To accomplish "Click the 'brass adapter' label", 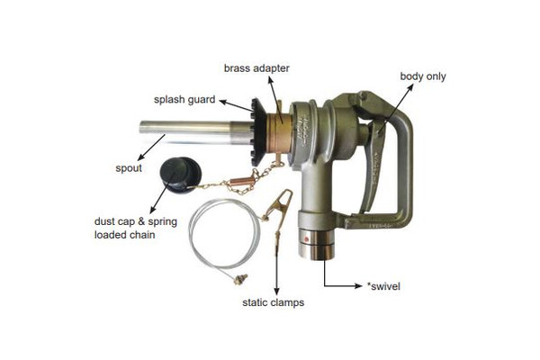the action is [256, 68].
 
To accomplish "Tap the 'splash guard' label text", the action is [184, 100].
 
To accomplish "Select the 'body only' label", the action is [423, 76].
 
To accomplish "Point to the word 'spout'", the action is [129, 168].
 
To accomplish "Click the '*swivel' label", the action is [383, 286].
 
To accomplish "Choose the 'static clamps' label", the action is [273, 302].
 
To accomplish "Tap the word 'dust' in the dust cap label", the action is [105, 221].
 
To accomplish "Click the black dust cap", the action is [180, 175].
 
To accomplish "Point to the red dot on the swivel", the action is [306, 239].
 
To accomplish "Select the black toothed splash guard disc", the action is [258, 132].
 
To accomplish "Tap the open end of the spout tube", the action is [141, 127].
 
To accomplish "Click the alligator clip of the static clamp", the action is [279, 207].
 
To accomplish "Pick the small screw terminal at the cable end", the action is [240, 279].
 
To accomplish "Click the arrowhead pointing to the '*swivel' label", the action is [359, 285].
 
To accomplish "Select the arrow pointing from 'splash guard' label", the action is [237, 106].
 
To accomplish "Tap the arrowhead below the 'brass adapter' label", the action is [271, 80].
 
